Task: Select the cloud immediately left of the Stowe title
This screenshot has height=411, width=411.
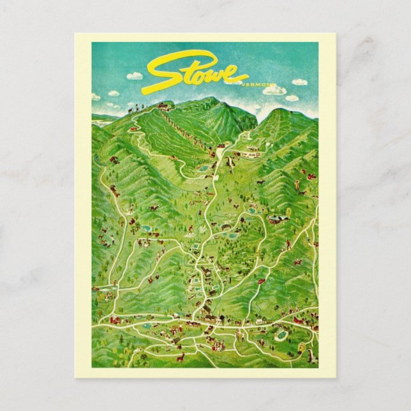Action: pos(135,76)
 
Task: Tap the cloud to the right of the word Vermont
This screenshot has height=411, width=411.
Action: pos(299,82)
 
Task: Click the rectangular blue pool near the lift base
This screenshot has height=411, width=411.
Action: pos(204,168)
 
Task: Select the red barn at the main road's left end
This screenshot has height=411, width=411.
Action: pos(115,320)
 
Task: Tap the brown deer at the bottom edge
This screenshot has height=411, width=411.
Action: pos(181,357)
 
